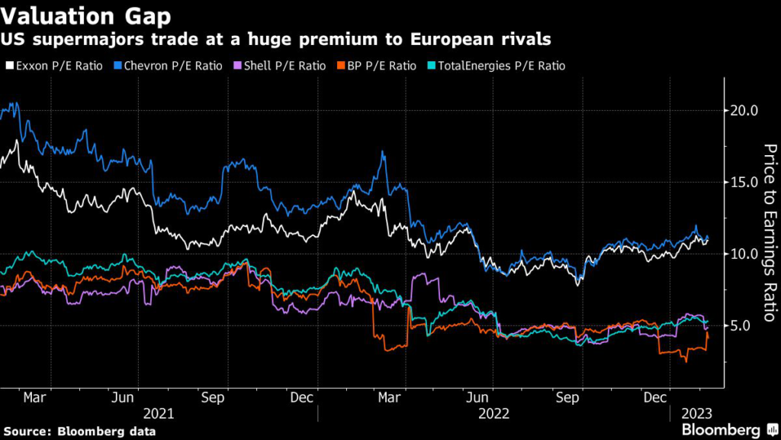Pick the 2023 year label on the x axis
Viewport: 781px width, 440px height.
point(696,413)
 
